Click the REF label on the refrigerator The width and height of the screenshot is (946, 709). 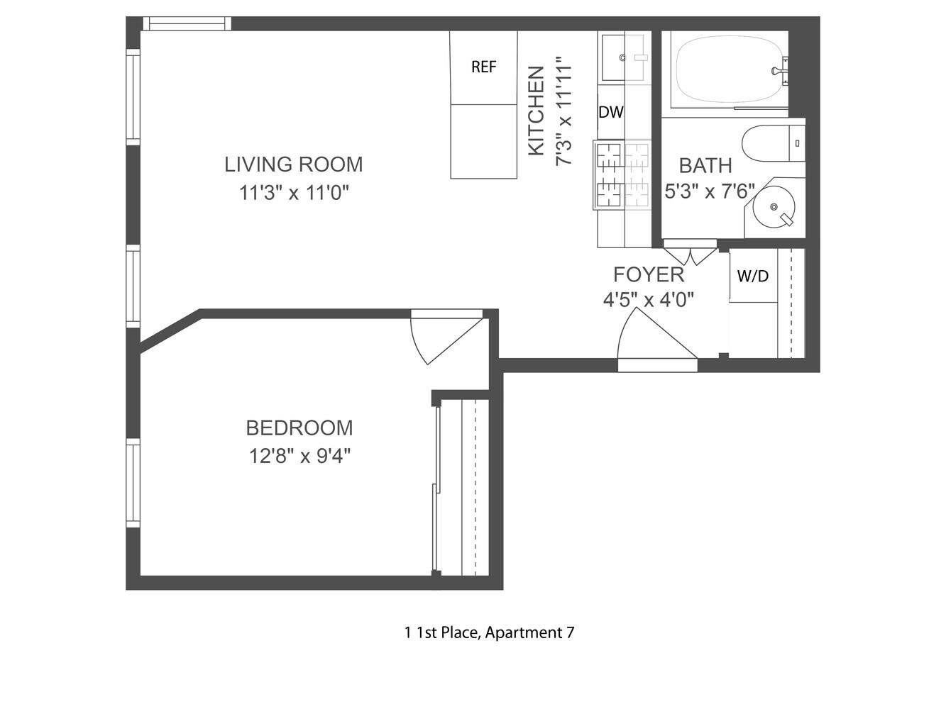tap(483, 67)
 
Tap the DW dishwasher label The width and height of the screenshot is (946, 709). tap(610, 112)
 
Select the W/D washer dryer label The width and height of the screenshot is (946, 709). tap(752, 276)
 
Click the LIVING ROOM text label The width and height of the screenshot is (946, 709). tap(293, 164)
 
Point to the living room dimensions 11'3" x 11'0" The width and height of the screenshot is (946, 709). tap(294, 192)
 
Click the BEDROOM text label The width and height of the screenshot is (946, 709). tap(299, 428)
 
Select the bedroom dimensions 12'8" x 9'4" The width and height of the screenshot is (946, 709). tap(299, 456)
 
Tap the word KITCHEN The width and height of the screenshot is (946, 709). tap(537, 111)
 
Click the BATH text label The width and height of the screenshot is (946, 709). tap(705, 165)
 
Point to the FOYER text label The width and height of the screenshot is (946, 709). tap(648, 274)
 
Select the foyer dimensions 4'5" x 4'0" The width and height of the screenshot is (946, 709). tap(648, 300)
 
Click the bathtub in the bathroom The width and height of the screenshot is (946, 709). tap(727, 69)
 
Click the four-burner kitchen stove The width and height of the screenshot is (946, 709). tap(622, 174)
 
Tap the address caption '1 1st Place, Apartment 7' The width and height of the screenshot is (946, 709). tap(489, 632)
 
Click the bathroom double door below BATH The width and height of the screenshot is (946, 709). tap(690, 254)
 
